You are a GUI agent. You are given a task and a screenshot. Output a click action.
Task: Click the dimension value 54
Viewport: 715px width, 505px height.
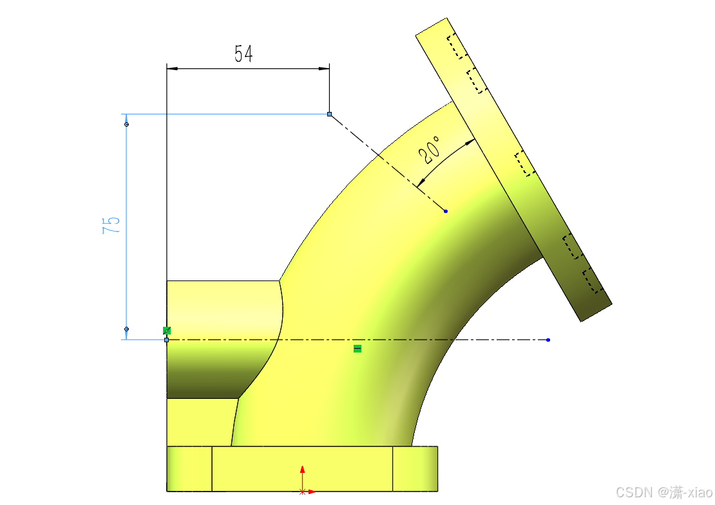[243, 53]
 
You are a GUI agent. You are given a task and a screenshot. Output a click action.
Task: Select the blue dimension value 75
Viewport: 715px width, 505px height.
[111, 225]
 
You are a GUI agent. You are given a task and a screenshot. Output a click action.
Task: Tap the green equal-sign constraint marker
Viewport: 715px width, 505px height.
[357, 349]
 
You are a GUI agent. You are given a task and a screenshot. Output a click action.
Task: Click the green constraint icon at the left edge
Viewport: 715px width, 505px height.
[167, 331]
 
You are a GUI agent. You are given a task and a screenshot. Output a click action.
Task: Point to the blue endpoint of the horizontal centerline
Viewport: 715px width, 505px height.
[548, 340]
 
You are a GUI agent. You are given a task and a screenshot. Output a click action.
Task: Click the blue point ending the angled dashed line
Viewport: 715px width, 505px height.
[446, 211]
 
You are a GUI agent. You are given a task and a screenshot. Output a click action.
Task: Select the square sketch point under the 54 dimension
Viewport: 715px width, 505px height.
[329, 115]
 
